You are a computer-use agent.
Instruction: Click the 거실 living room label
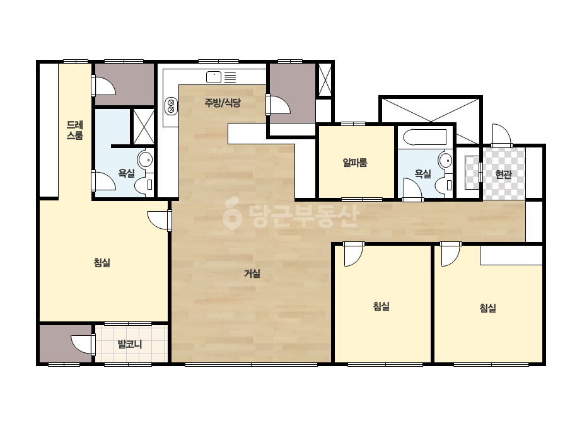(252, 273)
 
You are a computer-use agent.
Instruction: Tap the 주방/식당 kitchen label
(223, 103)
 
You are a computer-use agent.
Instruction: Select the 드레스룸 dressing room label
(74, 130)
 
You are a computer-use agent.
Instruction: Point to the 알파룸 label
(355, 162)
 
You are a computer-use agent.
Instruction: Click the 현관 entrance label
(504, 174)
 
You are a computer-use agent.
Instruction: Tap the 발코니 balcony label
(130, 344)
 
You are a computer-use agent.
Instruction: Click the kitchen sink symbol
(214, 77)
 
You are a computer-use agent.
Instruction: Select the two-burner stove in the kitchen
(171, 106)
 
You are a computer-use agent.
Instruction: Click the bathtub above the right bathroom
(424, 137)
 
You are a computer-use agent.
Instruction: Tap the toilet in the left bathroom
(144, 185)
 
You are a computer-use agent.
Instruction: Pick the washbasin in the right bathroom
(445, 161)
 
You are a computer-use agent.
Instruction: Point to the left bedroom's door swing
(159, 221)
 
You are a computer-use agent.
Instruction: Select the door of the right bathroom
(412, 190)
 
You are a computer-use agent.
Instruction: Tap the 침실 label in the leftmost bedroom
(102, 263)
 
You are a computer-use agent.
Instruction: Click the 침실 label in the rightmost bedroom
(487, 308)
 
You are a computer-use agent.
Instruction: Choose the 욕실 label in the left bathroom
(126, 173)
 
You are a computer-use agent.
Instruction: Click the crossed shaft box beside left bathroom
(144, 127)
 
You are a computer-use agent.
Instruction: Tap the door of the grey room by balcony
(83, 344)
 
